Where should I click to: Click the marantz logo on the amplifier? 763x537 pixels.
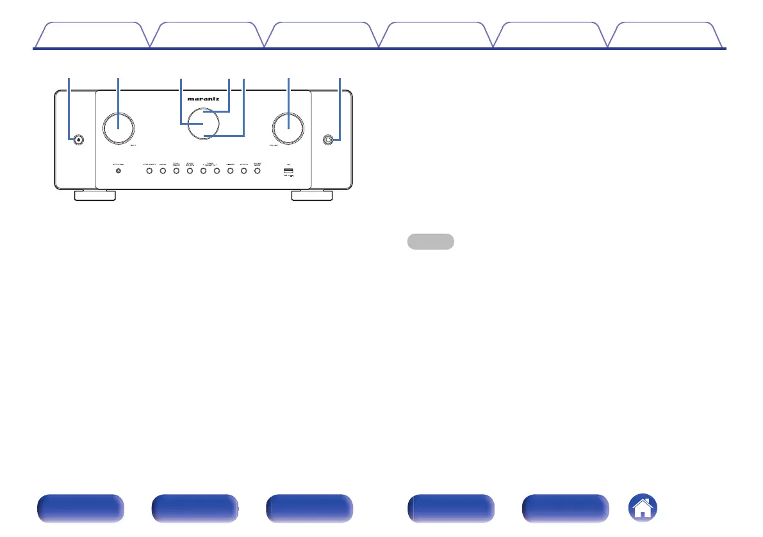point(203,99)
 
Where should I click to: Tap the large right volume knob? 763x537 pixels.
point(288,128)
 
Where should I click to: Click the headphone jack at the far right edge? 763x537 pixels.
point(329,140)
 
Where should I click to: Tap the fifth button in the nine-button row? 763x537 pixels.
point(203,172)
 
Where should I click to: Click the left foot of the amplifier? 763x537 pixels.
point(95,195)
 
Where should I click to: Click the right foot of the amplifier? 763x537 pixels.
point(312,195)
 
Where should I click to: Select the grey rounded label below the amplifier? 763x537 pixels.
point(431,241)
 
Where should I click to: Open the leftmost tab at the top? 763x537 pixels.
point(92,35)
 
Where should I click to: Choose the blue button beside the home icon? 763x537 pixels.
point(566,509)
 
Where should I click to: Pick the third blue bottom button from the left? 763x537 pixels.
point(309,509)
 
